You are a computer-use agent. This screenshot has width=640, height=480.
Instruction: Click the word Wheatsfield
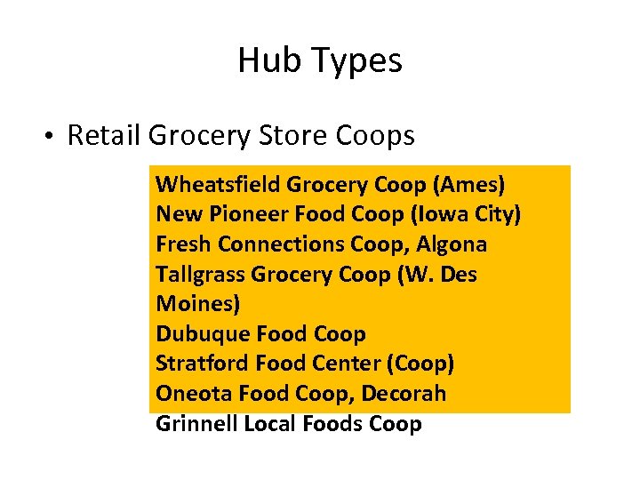[x=218, y=185]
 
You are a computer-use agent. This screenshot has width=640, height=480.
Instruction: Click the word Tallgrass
[x=201, y=275]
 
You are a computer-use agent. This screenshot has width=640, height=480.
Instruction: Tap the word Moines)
[x=198, y=304]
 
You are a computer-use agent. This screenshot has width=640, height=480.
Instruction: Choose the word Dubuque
[x=203, y=334]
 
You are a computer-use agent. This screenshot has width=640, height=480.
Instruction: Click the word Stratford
[x=203, y=364]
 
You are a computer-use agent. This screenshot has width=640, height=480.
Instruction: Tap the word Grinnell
[x=196, y=424]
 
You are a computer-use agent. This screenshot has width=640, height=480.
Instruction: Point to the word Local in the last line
[x=270, y=424]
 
